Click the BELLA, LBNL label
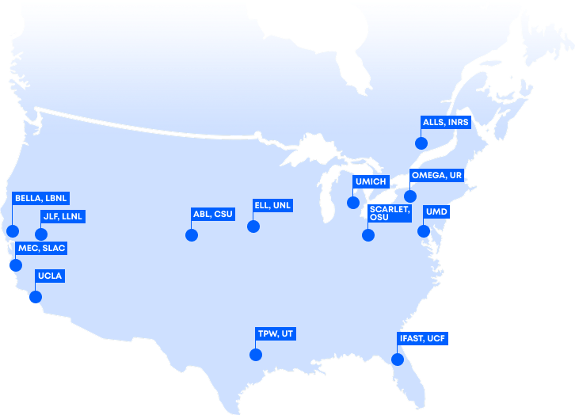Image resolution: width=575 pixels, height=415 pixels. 40,197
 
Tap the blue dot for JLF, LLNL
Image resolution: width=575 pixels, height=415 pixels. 41,234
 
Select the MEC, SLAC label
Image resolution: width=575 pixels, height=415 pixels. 41,249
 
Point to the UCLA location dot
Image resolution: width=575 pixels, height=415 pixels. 35,297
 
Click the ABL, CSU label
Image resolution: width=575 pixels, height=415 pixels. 212,214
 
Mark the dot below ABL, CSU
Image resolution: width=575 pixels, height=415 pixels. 191,234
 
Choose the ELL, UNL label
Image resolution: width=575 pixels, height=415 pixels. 272,205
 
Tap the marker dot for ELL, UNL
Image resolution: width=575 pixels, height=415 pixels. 253,226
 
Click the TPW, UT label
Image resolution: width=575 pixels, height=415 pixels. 276,333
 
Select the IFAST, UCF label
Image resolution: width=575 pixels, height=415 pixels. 423,338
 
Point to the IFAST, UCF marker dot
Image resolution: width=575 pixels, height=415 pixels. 398,359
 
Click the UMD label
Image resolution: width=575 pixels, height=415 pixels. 436,212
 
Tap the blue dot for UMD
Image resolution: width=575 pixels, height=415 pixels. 424,231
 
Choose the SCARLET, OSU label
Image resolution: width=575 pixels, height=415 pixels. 389,214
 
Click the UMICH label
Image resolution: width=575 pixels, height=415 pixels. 371,182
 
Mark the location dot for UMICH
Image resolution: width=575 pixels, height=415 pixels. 353,202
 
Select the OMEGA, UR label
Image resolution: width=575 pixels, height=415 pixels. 436,175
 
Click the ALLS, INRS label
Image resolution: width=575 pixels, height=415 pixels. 446,123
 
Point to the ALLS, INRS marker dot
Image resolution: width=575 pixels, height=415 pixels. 421,143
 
